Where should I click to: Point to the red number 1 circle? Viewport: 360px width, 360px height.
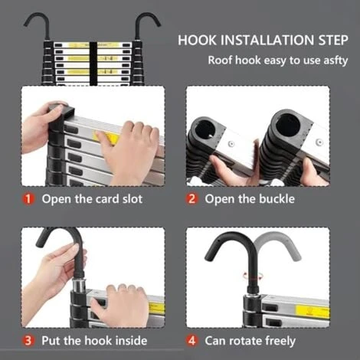pos(28,199)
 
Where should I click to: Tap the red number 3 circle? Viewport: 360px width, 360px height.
pos(28,340)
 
